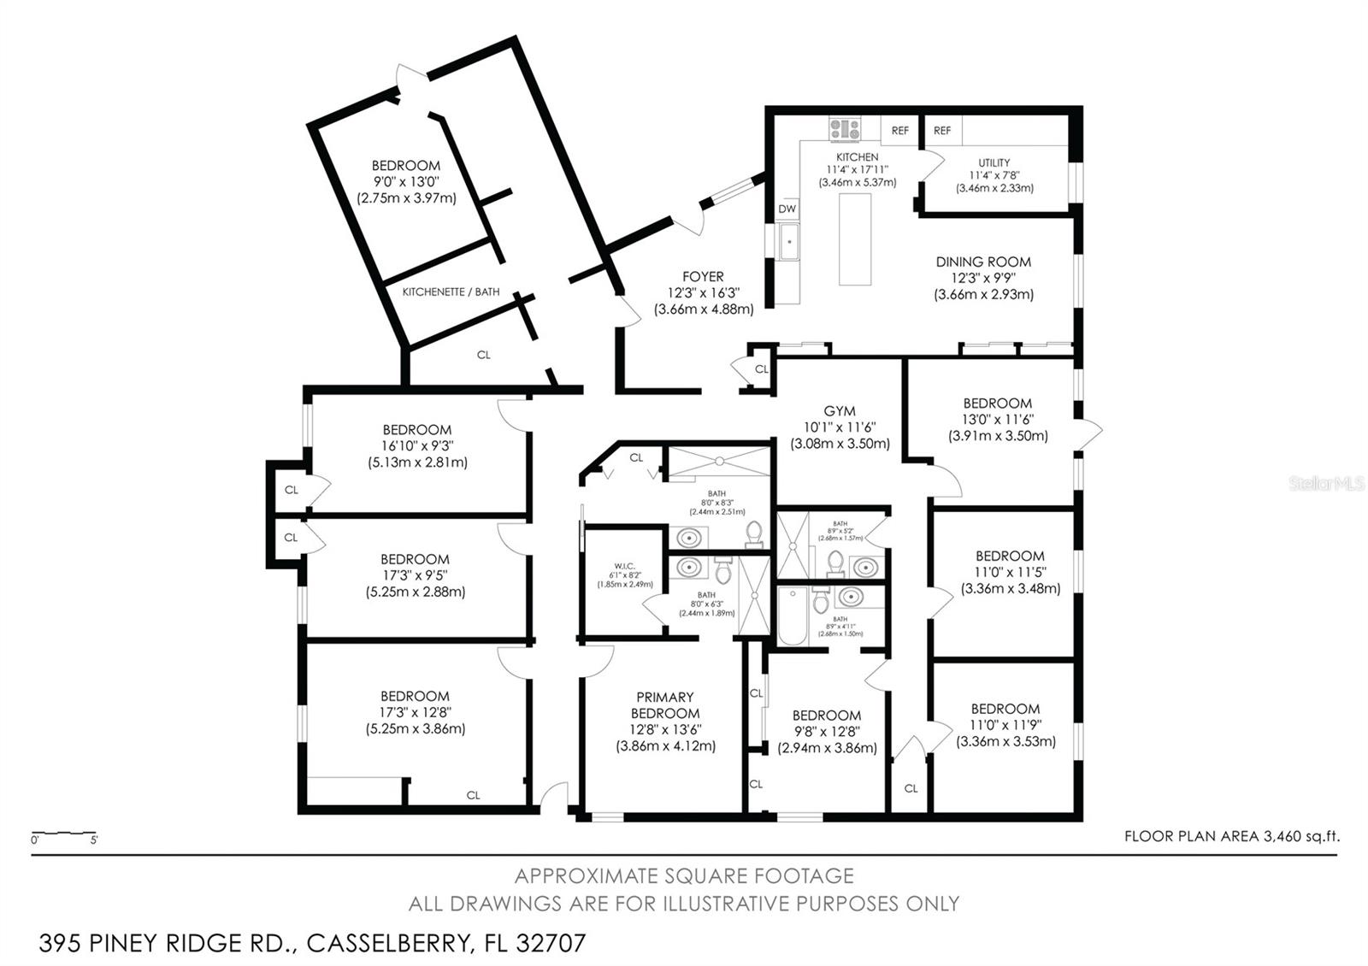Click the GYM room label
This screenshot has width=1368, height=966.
click(x=839, y=411)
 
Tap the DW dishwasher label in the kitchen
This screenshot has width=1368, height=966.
click(x=787, y=209)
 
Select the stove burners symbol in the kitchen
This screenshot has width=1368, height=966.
click(x=845, y=130)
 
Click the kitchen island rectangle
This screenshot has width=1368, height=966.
click(x=855, y=239)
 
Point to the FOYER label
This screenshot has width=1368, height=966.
click(x=703, y=277)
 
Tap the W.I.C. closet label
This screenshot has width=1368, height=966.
click(x=623, y=565)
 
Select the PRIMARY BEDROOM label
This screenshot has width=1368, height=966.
click(x=665, y=705)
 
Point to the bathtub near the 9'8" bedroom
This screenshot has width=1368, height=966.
click(x=792, y=616)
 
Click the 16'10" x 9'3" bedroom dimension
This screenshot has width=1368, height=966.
click(x=416, y=446)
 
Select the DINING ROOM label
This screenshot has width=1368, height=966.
click(x=983, y=262)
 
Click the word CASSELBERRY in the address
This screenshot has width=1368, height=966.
click(x=384, y=944)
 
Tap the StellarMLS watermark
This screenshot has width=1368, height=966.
click(x=1326, y=485)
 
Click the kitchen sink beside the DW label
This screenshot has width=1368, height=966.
click(x=788, y=241)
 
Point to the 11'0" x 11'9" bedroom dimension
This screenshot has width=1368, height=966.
click(x=1005, y=725)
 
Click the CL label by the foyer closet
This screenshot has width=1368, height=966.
click(x=761, y=370)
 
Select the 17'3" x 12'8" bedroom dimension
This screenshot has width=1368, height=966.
click(x=416, y=712)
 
